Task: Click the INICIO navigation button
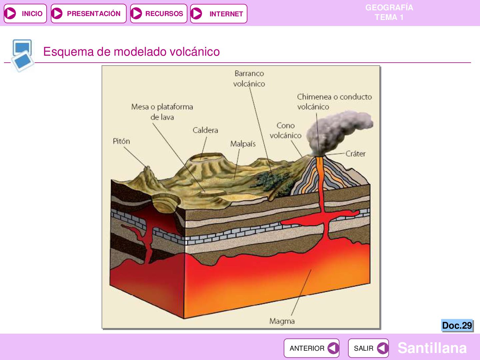pyautogui.click(x=25, y=14)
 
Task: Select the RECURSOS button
pyautogui.click(x=159, y=14)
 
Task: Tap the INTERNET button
pyautogui.click(x=219, y=14)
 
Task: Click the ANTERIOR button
pyautogui.click(x=311, y=348)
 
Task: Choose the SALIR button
pyautogui.click(x=368, y=348)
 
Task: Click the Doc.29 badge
pyautogui.click(x=457, y=325)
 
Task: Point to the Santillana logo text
pyautogui.click(x=432, y=348)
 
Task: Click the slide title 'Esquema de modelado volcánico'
pyautogui.click(x=131, y=52)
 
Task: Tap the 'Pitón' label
pyautogui.click(x=121, y=141)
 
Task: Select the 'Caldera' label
pyautogui.click(x=205, y=130)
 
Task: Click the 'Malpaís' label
pyautogui.click(x=243, y=144)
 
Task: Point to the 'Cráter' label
pyautogui.click(x=355, y=154)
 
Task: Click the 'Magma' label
pyautogui.click(x=282, y=321)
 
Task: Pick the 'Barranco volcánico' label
pyautogui.click(x=249, y=78)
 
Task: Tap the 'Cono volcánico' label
pyautogui.click(x=285, y=130)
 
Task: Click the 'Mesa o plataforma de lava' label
pyautogui.click(x=162, y=112)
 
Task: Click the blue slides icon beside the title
pyautogui.click(x=22, y=55)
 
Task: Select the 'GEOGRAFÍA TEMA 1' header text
pyautogui.click(x=389, y=12)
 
